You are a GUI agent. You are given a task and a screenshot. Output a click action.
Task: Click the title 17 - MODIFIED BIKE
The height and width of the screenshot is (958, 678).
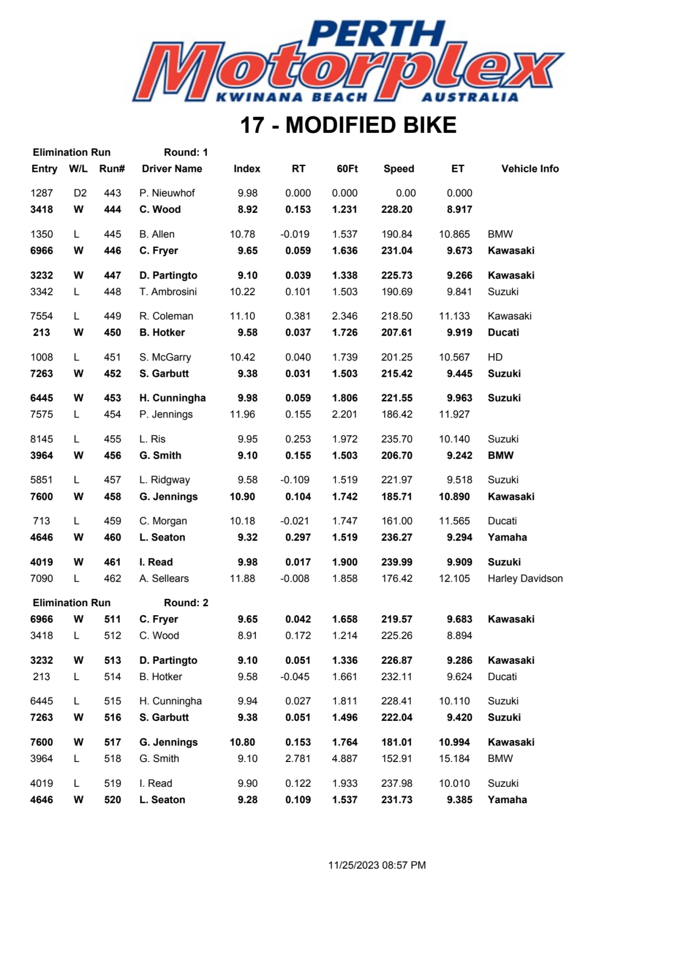(348, 125)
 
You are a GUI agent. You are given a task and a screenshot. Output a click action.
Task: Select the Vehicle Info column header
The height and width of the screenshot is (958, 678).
(529, 169)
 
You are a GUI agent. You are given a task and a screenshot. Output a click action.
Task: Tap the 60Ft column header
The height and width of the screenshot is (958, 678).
(347, 169)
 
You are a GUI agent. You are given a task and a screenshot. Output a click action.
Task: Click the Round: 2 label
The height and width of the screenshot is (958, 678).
(186, 603)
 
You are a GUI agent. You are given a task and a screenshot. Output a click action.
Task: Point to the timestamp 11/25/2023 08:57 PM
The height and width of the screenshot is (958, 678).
(377, 865)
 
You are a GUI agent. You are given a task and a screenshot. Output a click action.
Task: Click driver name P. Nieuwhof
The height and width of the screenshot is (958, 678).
(167, 193)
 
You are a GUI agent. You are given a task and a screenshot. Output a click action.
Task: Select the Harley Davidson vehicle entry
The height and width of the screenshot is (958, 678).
(525, 578)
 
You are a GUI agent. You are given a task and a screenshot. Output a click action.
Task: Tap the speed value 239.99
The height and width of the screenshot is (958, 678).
(397, 562)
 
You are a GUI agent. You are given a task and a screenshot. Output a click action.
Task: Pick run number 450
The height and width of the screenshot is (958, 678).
(112, 333)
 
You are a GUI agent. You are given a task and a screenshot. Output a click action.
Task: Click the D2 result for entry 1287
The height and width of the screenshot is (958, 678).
(80, 193)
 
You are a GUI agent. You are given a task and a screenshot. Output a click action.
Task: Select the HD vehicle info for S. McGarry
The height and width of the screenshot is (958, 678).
(495, 358)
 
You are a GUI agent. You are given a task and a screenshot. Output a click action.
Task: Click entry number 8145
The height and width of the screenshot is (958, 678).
(41, 439)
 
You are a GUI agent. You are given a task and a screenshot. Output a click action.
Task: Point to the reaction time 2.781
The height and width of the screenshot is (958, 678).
(298, 759)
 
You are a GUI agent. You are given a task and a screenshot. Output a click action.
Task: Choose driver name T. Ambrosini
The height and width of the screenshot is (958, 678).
(168, 292)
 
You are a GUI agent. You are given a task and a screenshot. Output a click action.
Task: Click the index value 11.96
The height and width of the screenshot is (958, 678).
(242, 415)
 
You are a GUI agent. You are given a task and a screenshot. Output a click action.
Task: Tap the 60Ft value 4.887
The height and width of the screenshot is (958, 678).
(344, 759)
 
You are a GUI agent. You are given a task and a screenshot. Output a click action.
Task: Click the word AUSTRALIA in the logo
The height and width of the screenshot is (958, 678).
(470, 97)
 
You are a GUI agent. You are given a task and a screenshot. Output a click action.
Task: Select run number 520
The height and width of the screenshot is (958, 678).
(112, 800)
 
